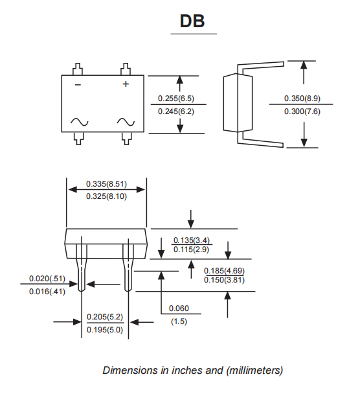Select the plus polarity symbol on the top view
point(126,84)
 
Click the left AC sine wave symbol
point(79,122)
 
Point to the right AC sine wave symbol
point(126,122)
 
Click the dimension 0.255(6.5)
point(176,99)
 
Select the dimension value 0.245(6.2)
point(176,111)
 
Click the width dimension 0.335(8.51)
point(106,184)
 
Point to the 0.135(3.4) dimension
point(192,240)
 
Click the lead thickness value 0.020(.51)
point(47,279)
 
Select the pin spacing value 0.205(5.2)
point(105,318)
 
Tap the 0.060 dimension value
point(179,308)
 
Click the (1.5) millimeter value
point(179,321)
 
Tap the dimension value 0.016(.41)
point(47,292)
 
